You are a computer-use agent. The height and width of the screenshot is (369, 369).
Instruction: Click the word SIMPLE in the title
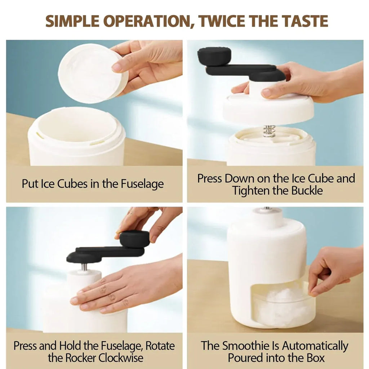tap(72, 21)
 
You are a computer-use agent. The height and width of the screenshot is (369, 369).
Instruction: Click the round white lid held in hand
tap(93, 73)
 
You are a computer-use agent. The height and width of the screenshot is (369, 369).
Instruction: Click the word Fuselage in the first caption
tap(142, 184)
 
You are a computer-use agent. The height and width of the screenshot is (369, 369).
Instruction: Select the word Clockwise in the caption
tap(121, 358)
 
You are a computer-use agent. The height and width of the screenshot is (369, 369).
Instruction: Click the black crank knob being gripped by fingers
tap(134, 239)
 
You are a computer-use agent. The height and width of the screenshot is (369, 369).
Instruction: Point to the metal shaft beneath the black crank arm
tap(84, 267)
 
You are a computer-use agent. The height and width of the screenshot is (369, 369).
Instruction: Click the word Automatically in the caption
tap(315, 346)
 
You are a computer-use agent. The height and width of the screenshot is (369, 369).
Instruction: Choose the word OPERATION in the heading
tap(148, 21)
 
